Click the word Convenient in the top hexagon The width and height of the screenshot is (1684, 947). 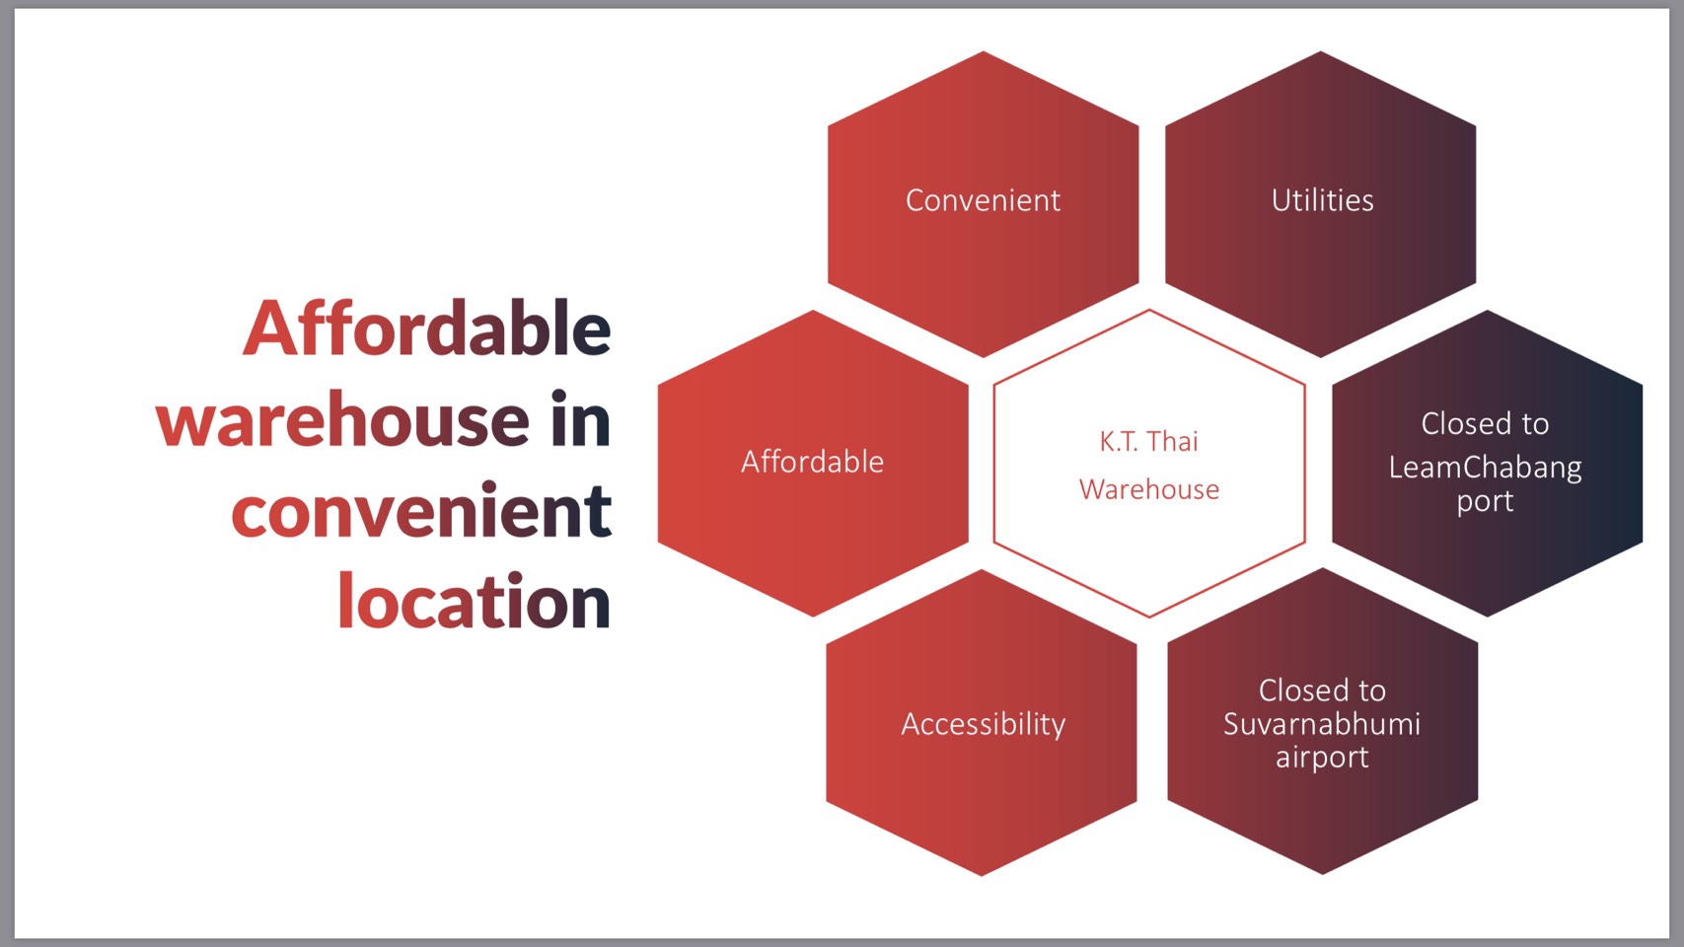click(x=983, y=200)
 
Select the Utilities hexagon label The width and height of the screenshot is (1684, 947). click(x=1322, y=200)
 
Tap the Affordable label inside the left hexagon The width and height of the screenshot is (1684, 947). click(x=813, y=461)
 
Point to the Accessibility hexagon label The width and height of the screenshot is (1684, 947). click(x=984, y=724)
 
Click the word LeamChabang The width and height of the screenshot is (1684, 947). click(x=1485, y=468)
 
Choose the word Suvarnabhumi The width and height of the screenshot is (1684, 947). click(x=1322, y=724)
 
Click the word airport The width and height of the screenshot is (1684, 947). click(x=1322, y=758)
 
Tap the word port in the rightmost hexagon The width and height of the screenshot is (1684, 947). click(x=1485, y=501)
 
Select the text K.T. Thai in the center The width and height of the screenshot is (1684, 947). click(x=1148, y=441)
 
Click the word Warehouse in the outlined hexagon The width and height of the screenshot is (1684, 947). click(x=1148, y=489)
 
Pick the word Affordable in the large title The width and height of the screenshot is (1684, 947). click(x=426, y=328)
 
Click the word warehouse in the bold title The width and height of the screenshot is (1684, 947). click(x=342, y=419)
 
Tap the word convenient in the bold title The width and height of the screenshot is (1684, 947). click(x=422, y=511)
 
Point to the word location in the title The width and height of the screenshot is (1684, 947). click(x=475, y=601)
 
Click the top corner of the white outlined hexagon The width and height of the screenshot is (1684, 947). click(x=1149, y=310)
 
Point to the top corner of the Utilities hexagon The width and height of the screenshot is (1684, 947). click(x=1321, y=51)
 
